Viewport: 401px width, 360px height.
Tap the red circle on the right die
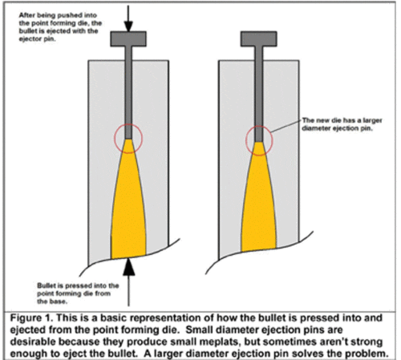(257, 138)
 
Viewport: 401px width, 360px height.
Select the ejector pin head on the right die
(258, 38)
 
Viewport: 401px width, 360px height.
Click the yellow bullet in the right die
(257, 208)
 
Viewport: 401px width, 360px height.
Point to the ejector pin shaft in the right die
(258, 88)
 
